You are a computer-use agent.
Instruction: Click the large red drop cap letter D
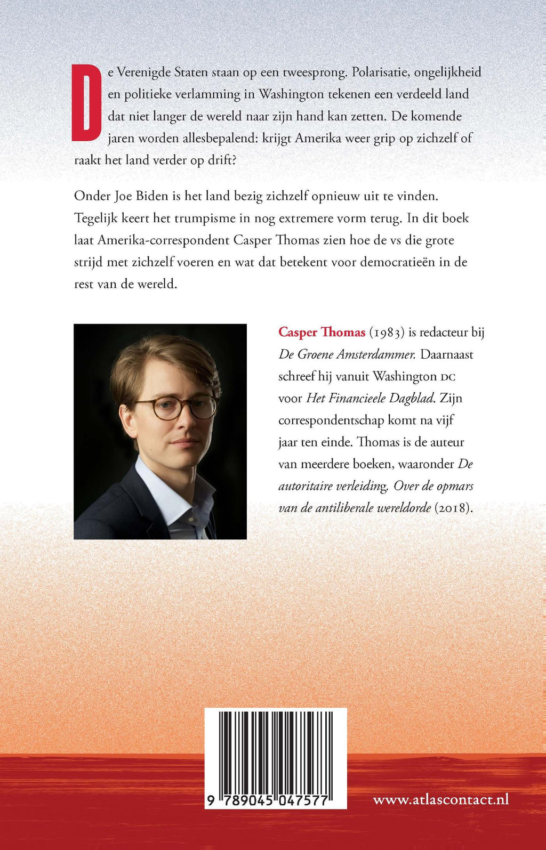(86, 103)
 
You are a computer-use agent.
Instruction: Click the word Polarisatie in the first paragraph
(380, 72)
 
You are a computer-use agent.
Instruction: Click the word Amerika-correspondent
(164, 240)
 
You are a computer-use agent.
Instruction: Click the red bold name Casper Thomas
(322, 332)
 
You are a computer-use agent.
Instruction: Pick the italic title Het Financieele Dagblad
(370, 398)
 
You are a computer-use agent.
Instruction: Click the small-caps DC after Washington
(448, 377)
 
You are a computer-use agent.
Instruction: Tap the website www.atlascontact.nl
(441, 799)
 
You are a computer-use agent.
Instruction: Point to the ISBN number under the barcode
(276, 800)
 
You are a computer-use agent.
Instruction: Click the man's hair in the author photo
(160, 357)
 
